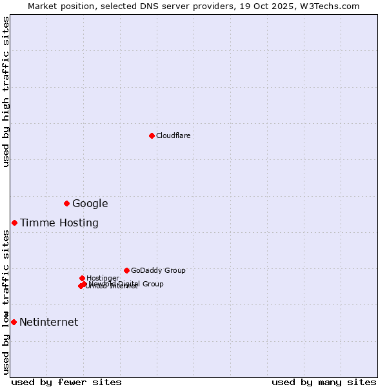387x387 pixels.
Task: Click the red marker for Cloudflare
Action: click(x=152, y=135)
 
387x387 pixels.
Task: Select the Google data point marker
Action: click(x=66, y=203)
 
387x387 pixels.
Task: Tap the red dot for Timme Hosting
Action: click(x=14, y=223)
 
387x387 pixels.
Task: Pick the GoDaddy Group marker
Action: click(x=126, y=270)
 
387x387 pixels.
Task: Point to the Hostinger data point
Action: click(x=82, y=278)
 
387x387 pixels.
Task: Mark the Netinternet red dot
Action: click(x=14, y=322)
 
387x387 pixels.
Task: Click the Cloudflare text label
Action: click(x=173, y=135)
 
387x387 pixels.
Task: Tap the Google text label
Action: click(x=90, y=204)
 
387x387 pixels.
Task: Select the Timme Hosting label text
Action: click(x=59, y=223)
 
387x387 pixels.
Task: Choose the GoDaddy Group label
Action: click(x=158, y=270)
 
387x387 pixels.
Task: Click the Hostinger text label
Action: click(x=103, y=278)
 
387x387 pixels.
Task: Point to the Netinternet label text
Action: click(x=48, y=322)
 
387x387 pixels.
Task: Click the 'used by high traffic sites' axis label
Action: click(x=6, y=92)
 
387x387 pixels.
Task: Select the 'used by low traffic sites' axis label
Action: click(x=6, y=302)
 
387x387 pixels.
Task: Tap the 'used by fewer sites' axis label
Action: click(x=66, y=382)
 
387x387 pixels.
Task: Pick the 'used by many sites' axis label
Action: click(x=324, y=382)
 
